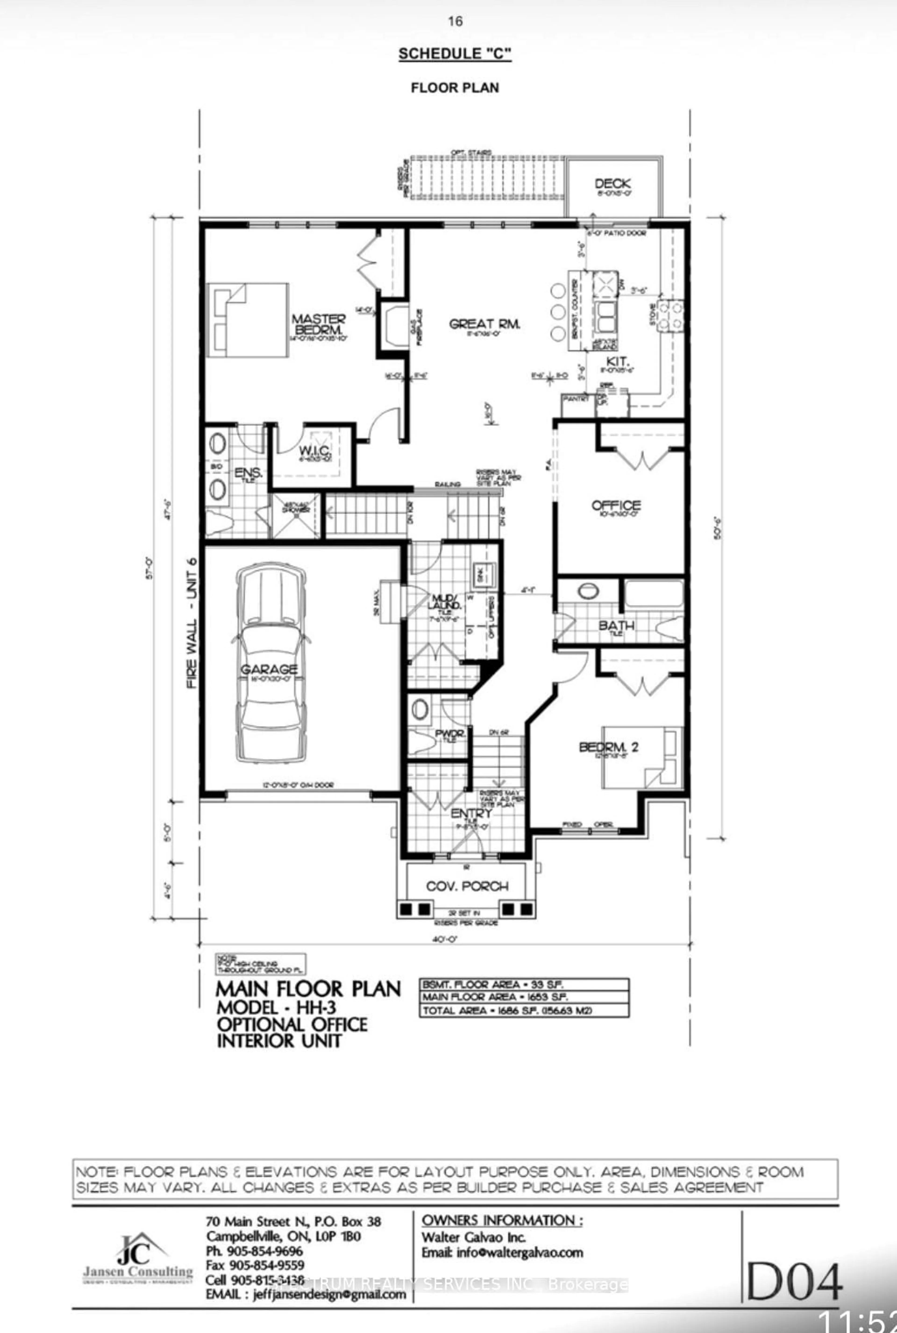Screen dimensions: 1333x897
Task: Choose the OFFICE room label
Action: coord(616,505)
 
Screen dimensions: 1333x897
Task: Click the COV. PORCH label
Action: coord(467,886)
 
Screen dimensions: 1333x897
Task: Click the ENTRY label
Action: coord(471,813)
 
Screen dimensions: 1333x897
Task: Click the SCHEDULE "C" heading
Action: coord(455,54)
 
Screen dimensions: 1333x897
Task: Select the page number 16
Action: coord(455,22)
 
